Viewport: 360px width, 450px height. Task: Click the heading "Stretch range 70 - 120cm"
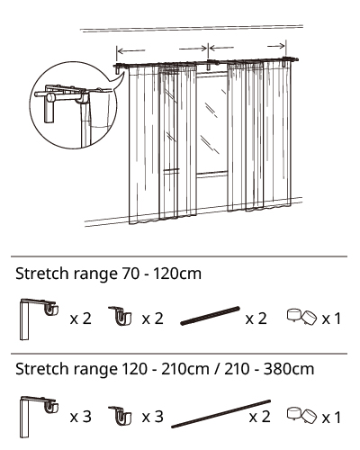tap(108, 274)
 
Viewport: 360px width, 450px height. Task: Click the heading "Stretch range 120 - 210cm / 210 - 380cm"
tap(165, 369)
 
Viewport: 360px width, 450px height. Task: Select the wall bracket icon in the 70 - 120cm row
tap(39, 319)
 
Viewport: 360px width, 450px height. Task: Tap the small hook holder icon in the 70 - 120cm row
tap(121, 316)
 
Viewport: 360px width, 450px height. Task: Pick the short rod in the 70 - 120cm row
tap(210, 316)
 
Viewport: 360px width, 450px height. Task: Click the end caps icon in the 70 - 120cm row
tap(301, 318)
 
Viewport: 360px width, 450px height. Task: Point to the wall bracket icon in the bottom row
tap(39, 417)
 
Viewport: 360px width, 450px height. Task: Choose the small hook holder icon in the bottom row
tap(121, 416)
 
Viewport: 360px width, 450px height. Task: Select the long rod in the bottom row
tap(221, 414)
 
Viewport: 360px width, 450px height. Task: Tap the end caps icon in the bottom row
tap(301, 415)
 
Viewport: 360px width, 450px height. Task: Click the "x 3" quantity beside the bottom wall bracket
tap(81, 417)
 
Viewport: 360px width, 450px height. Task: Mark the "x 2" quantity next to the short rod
tap(256, 319)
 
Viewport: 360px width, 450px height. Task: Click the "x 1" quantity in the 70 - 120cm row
tap(331, 319)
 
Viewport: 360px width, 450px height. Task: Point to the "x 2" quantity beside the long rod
tap(260, 417)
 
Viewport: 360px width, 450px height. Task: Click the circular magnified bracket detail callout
tap(74, 105)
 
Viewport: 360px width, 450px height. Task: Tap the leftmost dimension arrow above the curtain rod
tap(131, 50)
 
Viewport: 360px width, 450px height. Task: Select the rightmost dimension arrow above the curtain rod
tap(276, 46)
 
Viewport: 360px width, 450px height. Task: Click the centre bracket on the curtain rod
tap(209, 65)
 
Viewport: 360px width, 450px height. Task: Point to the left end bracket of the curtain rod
tap(117, 69)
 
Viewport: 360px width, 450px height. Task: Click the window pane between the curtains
tap(211, 123)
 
